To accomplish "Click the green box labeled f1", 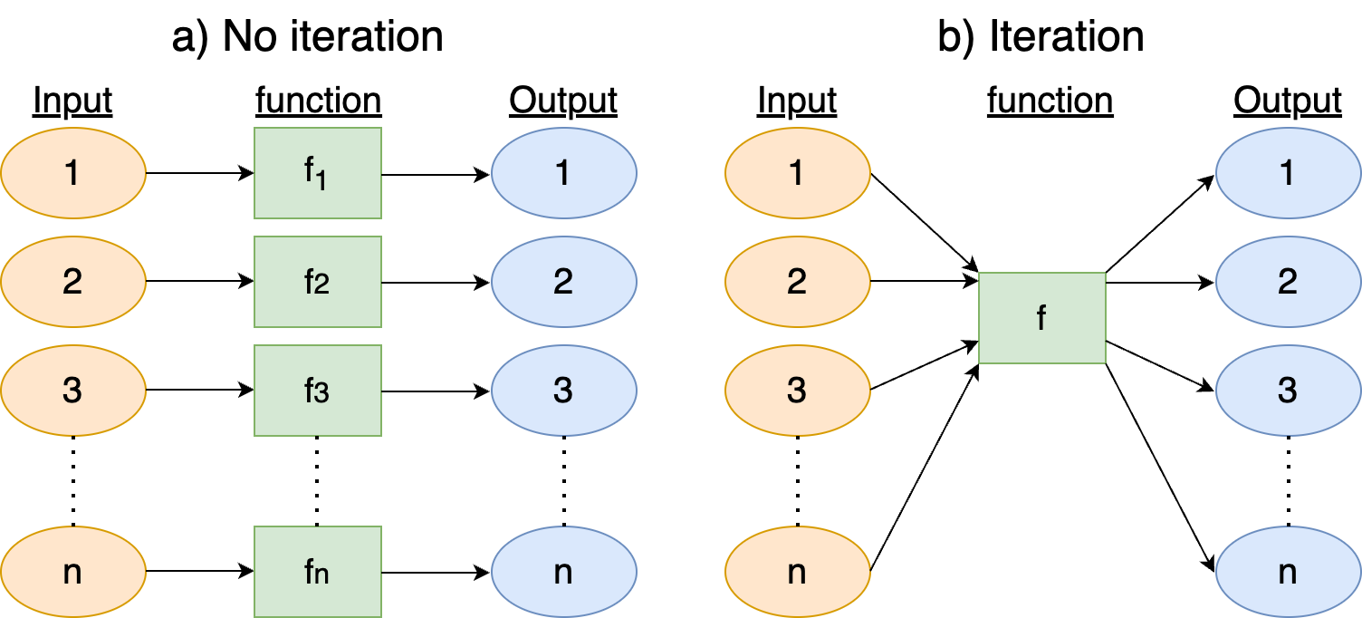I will pyautogui.click(x=317, y=172).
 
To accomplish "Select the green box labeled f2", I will pyautogui.click(x=317, y=282).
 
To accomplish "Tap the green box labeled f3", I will pyautogui.click(x=317, y=391).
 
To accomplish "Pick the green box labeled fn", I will pyautogui.click(x=317, y=572).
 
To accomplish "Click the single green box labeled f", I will pyautogui.click(x=1041, y=318).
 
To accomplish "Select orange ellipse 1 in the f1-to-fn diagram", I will pyautogui.click(x=73, y=172).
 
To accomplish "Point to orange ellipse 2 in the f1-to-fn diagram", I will pyautogui.click(x=73, y=282).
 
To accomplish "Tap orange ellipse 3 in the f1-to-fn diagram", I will pyautogui.click(x=73, y=391).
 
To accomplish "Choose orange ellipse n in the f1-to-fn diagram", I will pyautogui.click(x=73, y=572).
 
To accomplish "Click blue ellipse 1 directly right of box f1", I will pyautogui.click(x=563, y=172).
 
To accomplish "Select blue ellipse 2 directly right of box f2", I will pyautogui.click(x=563, y=282).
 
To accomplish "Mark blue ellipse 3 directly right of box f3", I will pyautogui.click(x=563, y=391).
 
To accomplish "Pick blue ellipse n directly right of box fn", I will pyautogui.click(x=563, y=572).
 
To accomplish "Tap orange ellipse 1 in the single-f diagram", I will pyautogui.click(x=797, y=172).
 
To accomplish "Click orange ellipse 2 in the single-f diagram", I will pyautogui.click(x=797, y=282).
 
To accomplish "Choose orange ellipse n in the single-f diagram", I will pyautogui.click(x=797, y=572).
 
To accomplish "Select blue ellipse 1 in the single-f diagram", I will pyautogui.click(x=1288, y=172).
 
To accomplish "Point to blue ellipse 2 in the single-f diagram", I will pyautogui.click(x=1288, y=282).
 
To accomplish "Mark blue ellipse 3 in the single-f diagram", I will pyautogui.click(x=1288, y=391).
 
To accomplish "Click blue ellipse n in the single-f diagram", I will pyautogui.click(x=1288, y=572).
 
